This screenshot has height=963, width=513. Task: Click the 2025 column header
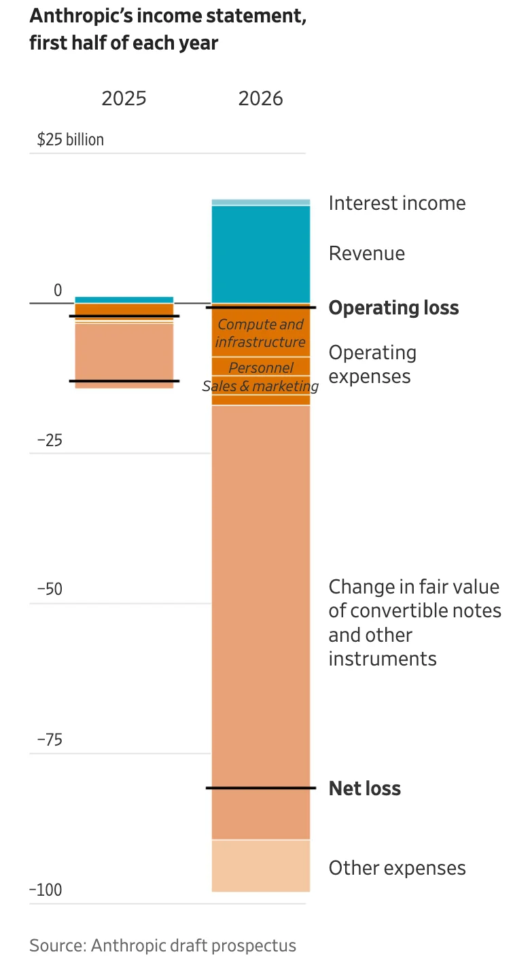tap(124, 98)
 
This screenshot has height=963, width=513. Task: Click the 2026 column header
tap(261, 98)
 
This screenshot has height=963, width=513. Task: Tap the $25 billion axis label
tap(71, 140)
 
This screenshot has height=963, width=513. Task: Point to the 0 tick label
tap(58, 290)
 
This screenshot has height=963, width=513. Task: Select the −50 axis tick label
tap(50, 589)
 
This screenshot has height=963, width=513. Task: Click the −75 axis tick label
tap(50, 740)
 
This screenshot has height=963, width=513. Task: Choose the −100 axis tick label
tap(46, 890)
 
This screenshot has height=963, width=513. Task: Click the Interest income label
tap(397, 203)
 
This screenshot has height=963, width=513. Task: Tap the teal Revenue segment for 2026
tap(261, 255)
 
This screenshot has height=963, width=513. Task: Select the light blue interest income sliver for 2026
tap(261, 202)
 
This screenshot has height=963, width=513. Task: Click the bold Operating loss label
tap(393, 308)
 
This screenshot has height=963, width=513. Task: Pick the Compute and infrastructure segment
tap(261, 332)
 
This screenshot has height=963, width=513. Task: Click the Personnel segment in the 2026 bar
tap(261, 366)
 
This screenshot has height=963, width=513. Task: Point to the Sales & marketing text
tap(261, 386)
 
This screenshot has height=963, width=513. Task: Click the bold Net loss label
tap(365, 788)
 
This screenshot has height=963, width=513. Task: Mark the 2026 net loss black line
tap(261, 788)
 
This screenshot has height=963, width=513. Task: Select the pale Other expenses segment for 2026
tap(261, 865)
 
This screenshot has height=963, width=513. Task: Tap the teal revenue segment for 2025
tap(124, 300)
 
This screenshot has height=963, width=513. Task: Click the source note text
tap(162, 945)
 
